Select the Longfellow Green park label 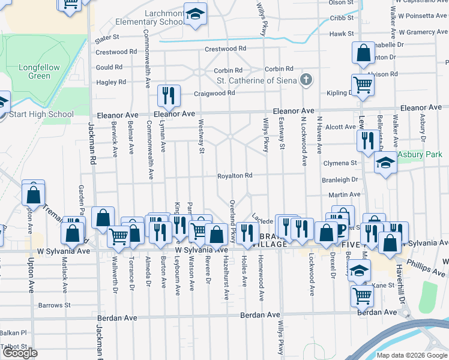40,71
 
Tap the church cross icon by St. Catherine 306,80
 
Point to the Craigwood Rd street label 214,94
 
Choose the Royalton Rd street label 234,176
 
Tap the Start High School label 41,114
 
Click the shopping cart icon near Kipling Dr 363,85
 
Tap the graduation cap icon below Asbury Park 385,163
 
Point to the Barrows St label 55,305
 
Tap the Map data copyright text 412,355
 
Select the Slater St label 107,41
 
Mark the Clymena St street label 340,163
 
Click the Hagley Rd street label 111,82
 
